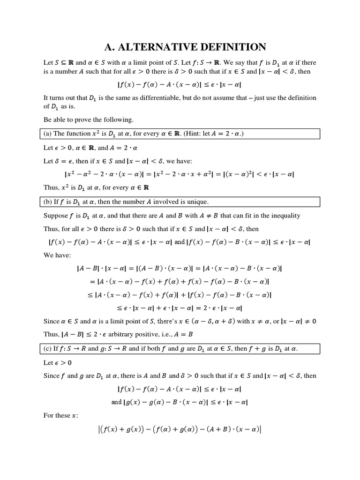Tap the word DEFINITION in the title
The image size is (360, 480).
[x=232, y=47]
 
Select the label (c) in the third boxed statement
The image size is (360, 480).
[x=49, y=348]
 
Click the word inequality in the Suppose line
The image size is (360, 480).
[x=284, y=216]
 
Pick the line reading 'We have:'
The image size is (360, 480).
[x=57, y=256]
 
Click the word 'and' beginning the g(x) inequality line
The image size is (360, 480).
[x=116, y=402]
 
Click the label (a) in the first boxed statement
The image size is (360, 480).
[x=48, y=134]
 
